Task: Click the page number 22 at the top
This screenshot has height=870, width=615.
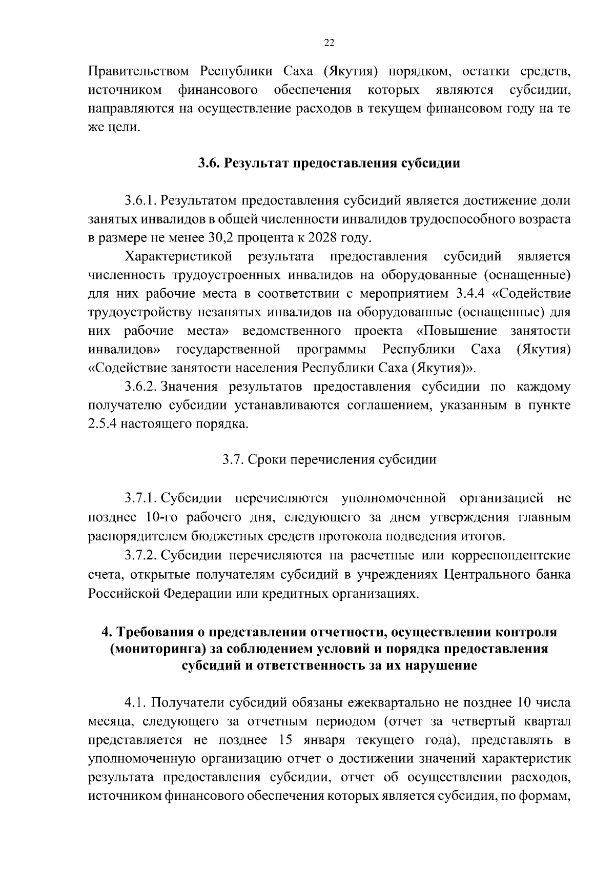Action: [x=329, y=44]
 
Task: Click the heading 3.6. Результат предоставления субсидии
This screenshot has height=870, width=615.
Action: [x=329, y=164]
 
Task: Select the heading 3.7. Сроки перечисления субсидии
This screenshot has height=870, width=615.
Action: [x=329, y=459]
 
